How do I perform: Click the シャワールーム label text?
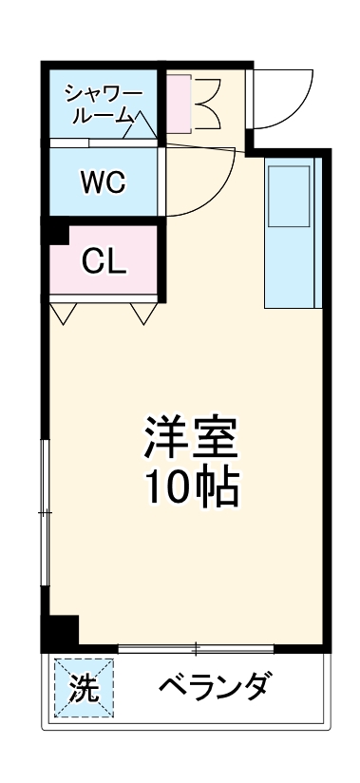(103, 104)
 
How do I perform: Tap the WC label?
(102, 181)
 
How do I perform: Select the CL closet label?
(103, 261)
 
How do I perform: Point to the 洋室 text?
(191, 438)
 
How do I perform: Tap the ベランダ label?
(217, 687)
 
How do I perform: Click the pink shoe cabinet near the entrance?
(180, 102)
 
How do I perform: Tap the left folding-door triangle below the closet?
(64, 313)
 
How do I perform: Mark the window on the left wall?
(44, 513)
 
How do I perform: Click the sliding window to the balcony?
(196, 649)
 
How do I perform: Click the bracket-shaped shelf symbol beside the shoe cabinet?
(209, 102)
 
